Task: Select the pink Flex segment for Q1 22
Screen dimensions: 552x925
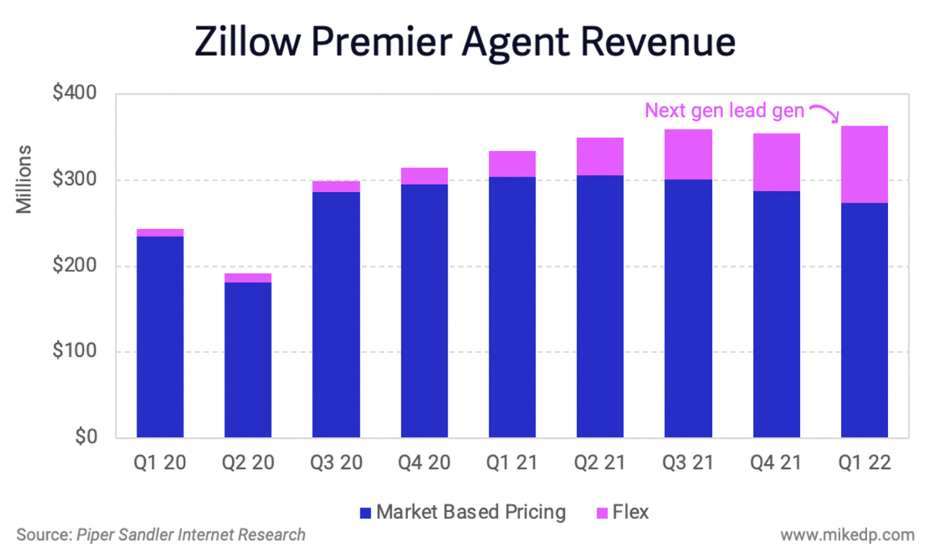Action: [x=864, y=164]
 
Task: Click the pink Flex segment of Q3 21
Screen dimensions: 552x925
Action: [x=688, y=154]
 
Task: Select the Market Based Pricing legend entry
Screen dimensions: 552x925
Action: [x=462, y=512]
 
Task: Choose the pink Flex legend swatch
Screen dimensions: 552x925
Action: [x=602, y=513]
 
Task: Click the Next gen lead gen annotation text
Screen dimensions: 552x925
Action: [x=725, y=110]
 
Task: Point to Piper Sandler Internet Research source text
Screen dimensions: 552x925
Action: [x=190, y=534]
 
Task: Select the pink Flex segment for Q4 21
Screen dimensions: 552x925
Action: [x=776, y=162]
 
